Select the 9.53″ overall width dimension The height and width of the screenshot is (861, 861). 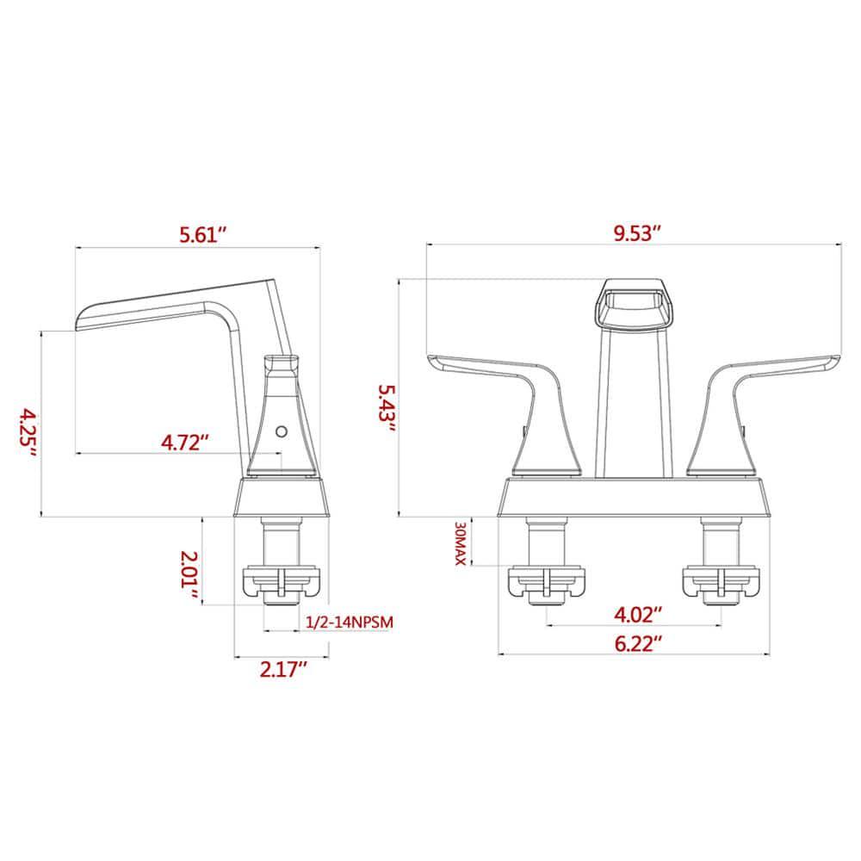[x=637, y=233]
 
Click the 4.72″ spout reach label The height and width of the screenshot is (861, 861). [x=186, y=443]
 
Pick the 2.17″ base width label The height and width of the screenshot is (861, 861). [x=283, y=668]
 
